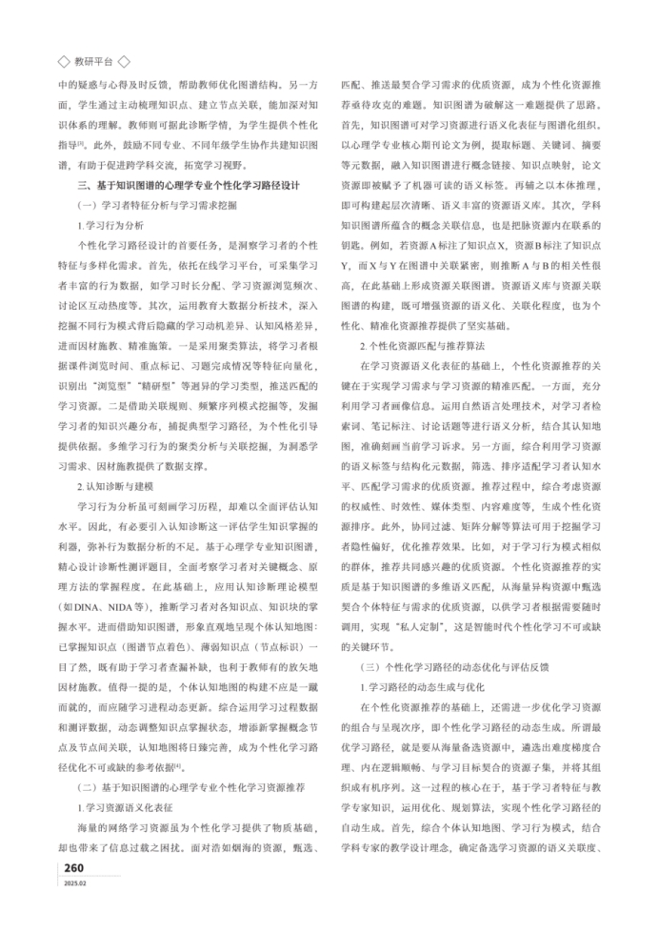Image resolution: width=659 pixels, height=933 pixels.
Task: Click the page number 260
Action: coord(76,867)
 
